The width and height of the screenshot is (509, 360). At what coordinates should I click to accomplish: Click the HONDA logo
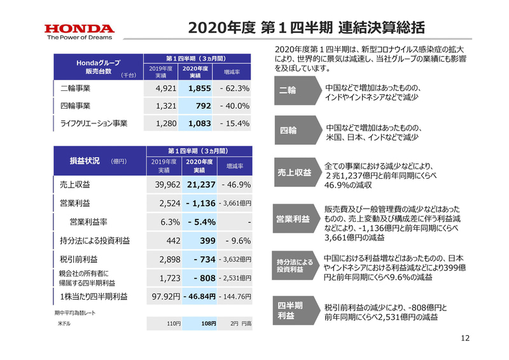(x=79, y=28)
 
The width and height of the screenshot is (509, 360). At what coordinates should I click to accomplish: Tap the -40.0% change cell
(x=234, y=106)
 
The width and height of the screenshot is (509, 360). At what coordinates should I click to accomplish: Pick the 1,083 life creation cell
(x=196, y=123)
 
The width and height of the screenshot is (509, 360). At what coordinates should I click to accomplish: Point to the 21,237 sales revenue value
(x=196, y=184)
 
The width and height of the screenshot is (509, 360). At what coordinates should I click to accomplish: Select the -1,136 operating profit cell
(x=196, y=203)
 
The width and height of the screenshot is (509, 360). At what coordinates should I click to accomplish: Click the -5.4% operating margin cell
(x=196, y=222)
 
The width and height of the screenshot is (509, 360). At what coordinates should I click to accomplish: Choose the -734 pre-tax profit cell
(x=196, y=260)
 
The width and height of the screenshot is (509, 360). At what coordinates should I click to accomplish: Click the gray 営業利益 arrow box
(x=295, y=219)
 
